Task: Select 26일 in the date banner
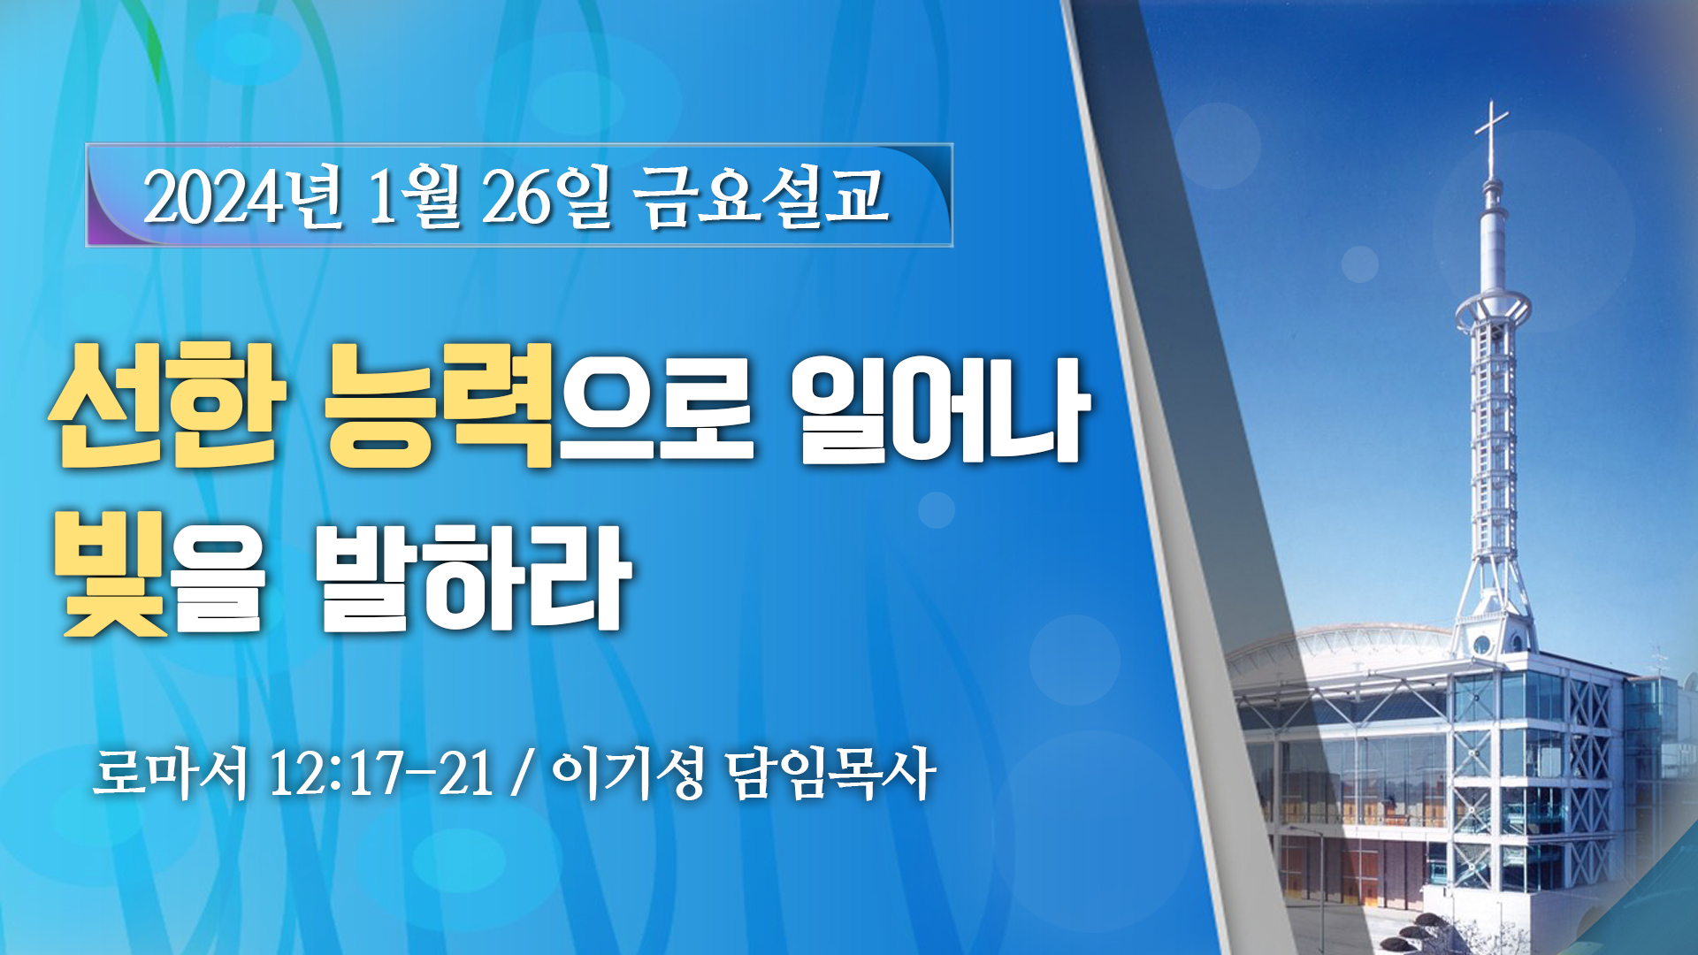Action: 546,196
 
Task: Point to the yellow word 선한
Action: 167,405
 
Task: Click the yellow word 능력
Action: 440,405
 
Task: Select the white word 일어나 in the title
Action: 940,409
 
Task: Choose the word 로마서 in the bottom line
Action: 170,774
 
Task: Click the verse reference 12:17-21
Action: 381,774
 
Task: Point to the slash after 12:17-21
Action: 523,775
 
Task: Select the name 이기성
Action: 629,774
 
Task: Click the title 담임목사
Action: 830,774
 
